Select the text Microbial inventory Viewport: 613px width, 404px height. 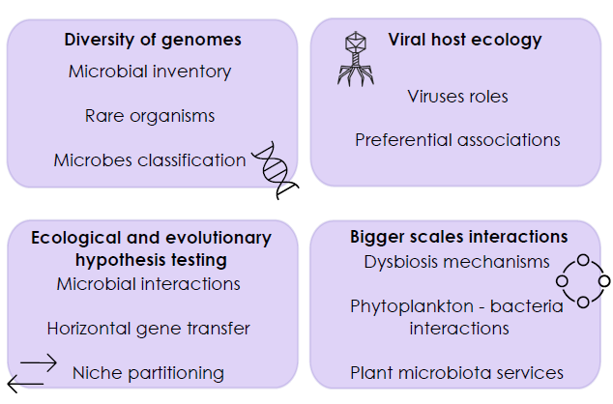click(x=150, y=72)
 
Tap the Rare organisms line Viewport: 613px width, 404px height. click(x=150, y=116)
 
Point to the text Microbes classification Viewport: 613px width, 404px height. click(x=150, y=160)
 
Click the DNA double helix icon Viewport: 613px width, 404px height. click(x=275, y=170)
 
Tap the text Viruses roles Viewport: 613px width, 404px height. click(x=457, y=97)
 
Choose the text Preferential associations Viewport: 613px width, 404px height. click(x=457, y=139)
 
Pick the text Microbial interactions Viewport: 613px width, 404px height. click(x=149, y=284)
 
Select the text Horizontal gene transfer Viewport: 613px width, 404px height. click(x=149, y=329)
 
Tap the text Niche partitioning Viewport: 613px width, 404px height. click(x=149, y=373)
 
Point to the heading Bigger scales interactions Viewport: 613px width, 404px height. click(x=458, y=237)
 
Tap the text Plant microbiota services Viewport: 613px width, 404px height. click(x=457, y=373)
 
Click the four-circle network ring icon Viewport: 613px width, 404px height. click(x=583, y=281)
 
